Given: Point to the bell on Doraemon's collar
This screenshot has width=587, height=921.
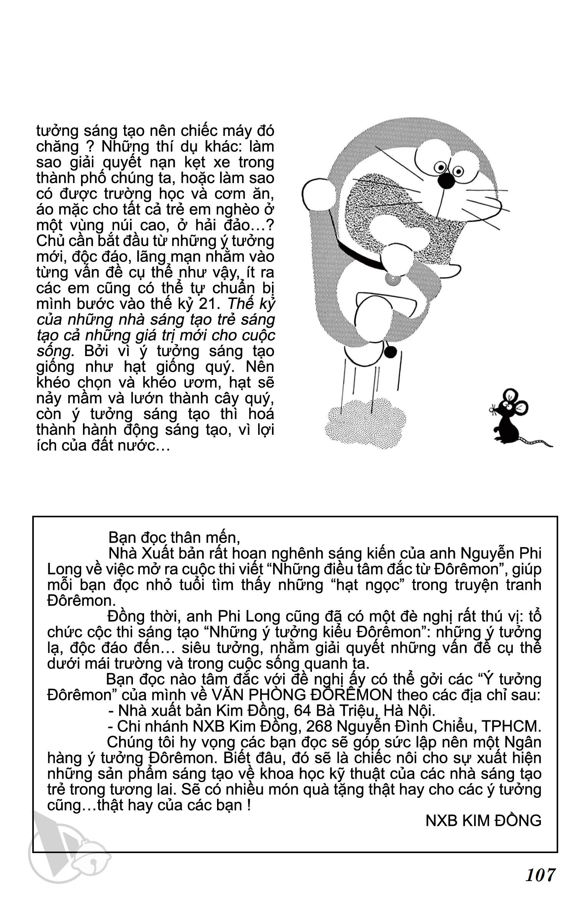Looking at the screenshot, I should [393, 278].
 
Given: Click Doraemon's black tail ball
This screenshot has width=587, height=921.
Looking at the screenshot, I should [390, 352].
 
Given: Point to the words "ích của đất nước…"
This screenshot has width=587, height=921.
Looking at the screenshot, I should [103, 446].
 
